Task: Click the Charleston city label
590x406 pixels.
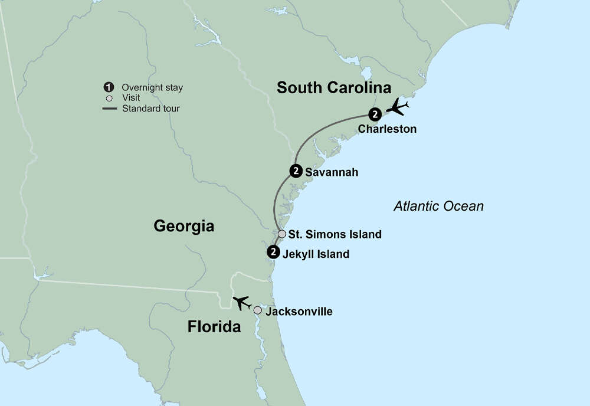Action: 387,129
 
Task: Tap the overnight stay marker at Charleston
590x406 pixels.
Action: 374,114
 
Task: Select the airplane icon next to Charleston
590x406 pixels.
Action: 397,108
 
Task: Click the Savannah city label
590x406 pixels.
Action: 332,173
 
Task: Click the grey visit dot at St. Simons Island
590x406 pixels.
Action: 282,234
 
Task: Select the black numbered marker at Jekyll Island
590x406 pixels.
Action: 273,252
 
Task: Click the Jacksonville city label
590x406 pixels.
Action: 299,311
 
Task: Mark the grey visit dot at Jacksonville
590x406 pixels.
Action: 258,310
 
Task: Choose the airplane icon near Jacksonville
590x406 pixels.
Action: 241,303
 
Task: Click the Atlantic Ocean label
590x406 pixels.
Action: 438,207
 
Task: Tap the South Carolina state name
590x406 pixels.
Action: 334,88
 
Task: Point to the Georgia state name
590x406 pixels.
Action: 183,225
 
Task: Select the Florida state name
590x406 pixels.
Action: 214,326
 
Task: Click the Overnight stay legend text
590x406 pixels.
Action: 152,88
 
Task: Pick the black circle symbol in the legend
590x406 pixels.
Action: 107,87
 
